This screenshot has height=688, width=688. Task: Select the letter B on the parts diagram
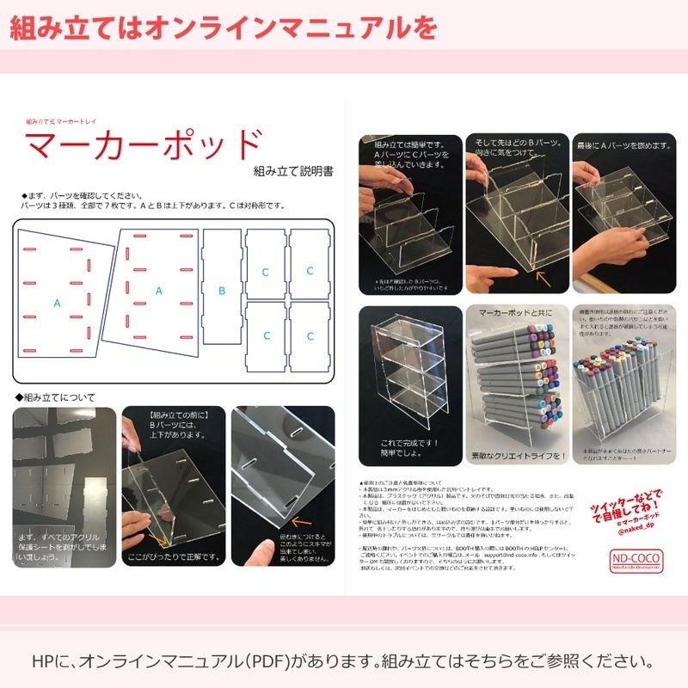coord(221,291)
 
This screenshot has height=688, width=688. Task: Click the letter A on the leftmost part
coord(58,303)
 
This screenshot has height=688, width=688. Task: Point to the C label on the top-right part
coord(310,271)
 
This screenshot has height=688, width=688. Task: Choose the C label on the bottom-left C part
coord(265,335)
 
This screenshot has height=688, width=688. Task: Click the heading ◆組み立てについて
coord(55,397)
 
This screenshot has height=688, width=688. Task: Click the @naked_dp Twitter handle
coord(639,532)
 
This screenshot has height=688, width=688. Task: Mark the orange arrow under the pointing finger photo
coord(543,277)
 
